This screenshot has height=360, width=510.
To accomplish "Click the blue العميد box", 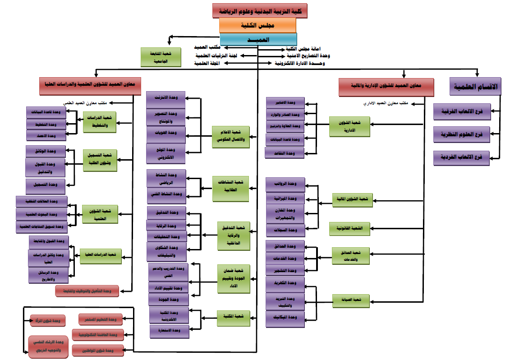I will (x=258, y=39).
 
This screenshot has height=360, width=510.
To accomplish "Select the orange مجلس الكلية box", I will (x=257, y=25).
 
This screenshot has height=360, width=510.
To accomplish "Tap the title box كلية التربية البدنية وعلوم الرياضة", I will (x=260, y=10).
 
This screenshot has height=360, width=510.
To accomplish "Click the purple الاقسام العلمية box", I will (x=475, y=87).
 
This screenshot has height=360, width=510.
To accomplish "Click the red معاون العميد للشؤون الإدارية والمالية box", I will (x=386, y=87).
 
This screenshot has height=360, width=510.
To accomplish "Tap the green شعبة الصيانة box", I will (x=351, y=300).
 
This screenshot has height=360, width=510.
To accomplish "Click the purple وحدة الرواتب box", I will (x=285, y=184).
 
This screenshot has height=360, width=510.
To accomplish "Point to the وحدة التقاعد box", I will (x=285, y=153).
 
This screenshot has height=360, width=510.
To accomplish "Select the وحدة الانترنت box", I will (x=166, y=99).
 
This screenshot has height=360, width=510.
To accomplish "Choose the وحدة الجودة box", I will (x=168, y=300).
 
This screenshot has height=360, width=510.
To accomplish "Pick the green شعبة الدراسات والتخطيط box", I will (x=99, y=123).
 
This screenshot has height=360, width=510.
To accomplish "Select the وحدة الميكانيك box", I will (x=285, y=318).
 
